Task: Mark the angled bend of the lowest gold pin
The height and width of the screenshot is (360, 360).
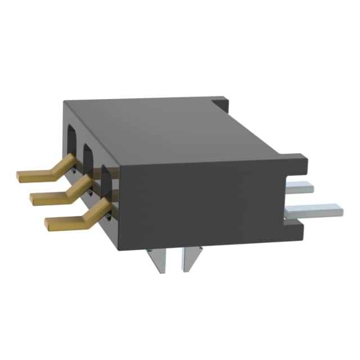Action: [x=90, y=214]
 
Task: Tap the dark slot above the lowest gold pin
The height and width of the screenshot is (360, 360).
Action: [x=106, y=174]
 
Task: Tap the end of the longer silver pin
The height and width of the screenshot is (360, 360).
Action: [x=339, y=210]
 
